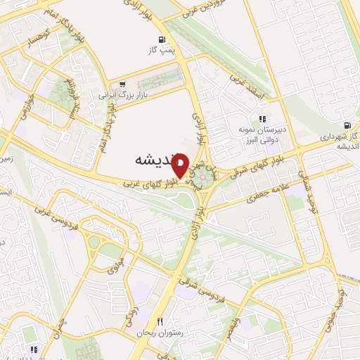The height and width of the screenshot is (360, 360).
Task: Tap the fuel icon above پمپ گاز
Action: point(162,40)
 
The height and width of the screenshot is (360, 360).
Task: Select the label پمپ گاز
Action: point(160,51)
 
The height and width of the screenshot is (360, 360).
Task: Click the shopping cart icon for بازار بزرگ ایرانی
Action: point(123,84)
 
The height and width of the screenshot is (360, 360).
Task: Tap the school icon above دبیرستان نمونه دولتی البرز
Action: point(262,120)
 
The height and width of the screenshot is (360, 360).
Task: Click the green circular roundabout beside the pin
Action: point(205,174)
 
